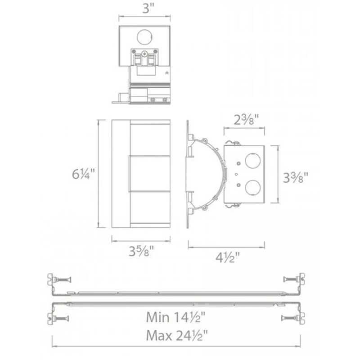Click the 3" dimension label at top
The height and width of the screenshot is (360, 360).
pyautogui.click(x=148, y=9)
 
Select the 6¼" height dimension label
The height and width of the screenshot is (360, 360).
pyautogui.click(x=83, y=174)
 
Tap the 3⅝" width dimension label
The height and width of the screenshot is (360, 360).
pyautogui.click(x=141, y=251)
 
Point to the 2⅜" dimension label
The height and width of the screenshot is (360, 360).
pyautogui.click(x=246, y=120)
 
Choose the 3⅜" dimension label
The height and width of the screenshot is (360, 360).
pyautogui.click(x=295, y=177)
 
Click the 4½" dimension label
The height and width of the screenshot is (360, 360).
pyautogui.click(x=228, y=257)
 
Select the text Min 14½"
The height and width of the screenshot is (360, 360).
pyautogui.click(x=175, y=317)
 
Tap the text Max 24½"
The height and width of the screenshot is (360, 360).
pyautogui.click(x=177, y=335)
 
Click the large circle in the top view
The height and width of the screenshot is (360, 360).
pyautogui.click(x=144, y=37)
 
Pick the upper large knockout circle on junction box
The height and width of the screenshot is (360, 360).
pyautogui.click(x=253, y=161)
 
